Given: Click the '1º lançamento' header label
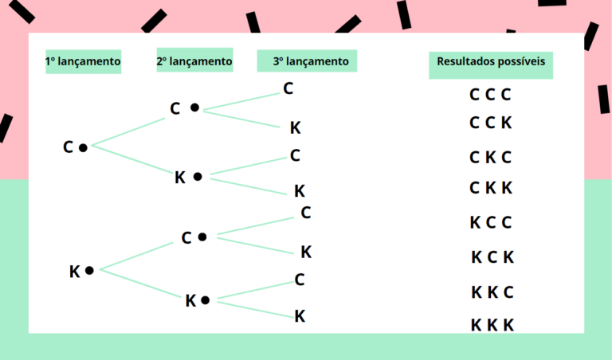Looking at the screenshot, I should click(83, 61).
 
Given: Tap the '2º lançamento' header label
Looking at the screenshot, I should click(194, 61).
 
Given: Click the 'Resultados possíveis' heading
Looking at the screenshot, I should click(491, 61).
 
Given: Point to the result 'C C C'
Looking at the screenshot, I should click(490, 95).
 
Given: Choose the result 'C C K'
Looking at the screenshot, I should click(490, 123).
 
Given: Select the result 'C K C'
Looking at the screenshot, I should click(490, 157).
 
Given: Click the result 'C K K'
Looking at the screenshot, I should click(490, 188).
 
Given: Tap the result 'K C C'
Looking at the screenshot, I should click(490, 222).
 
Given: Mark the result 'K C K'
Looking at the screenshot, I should click(492, 257).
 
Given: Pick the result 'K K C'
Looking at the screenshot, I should click(492, 292).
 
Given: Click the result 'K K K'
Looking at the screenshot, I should click(492, 325).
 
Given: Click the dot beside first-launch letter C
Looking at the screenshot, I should click(83, 147).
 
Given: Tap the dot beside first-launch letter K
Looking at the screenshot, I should click(89, 271).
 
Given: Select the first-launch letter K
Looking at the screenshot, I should click(75, 272).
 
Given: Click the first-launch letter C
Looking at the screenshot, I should click(69, 147).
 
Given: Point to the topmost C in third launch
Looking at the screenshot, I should click(288, 88).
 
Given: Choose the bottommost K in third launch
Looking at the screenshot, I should click(300, 316).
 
